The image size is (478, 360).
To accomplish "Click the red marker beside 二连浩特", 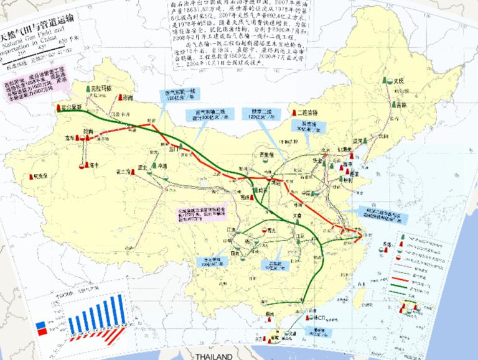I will tap(293, 113).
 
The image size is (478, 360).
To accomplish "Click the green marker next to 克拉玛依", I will tap(89, 88).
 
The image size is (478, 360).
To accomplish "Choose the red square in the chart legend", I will tap(40, 333).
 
